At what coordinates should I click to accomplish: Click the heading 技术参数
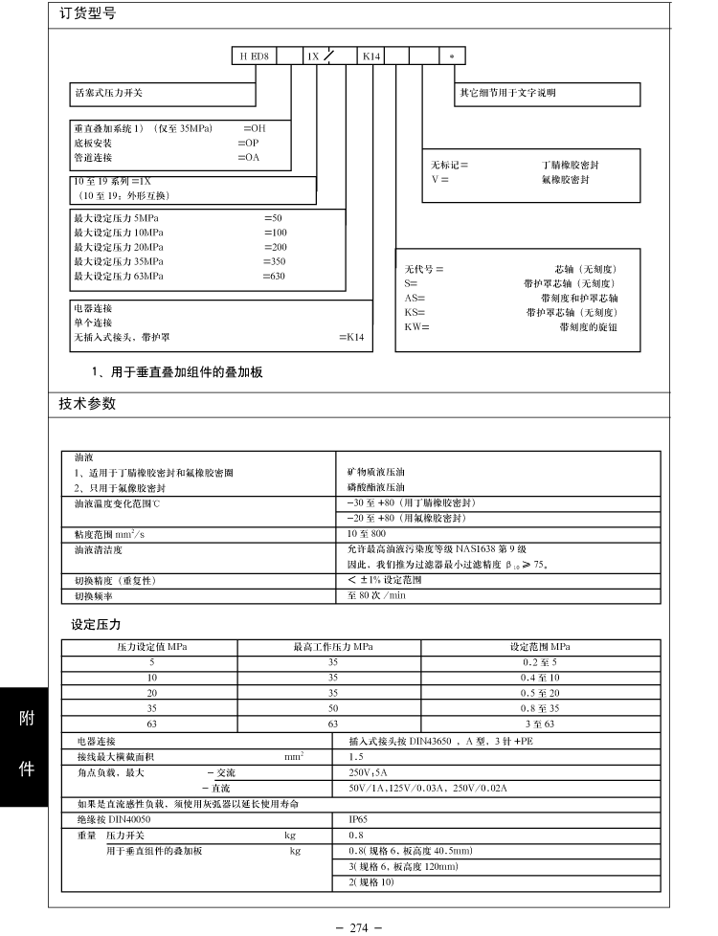[x=87, y=404]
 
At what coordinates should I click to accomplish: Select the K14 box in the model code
[x=370, y=56]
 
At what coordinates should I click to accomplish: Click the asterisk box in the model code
[x=452, y=56]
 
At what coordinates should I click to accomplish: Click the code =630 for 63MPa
[x=275, y=277]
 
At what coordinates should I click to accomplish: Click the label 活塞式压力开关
[x=115, y=93]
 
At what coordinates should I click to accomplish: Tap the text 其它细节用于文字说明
[x=507, y=93]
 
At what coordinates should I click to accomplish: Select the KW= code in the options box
[x=415, y=326]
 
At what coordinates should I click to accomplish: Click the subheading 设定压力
[x=96, y=625]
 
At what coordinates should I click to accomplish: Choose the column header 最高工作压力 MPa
[x=333, y=647]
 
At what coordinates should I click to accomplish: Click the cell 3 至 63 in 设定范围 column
[x=540, y=724]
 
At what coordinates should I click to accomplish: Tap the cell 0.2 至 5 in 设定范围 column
[x=540, y=661]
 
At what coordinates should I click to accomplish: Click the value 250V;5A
[x=368, y=771]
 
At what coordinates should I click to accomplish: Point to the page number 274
[x=359, y=926]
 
